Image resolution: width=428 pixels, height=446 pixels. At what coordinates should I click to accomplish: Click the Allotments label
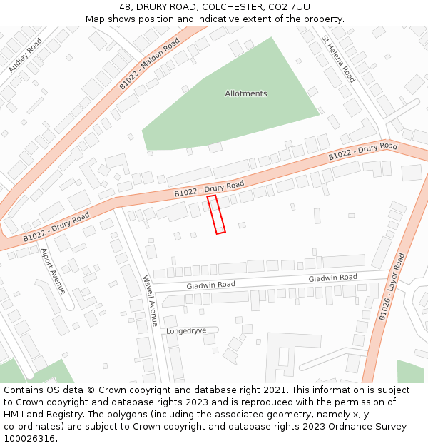[246, 93]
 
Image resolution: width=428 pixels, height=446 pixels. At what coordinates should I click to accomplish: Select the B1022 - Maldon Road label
[150, 64]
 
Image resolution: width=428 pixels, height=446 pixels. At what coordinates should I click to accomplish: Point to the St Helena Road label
[338, 59]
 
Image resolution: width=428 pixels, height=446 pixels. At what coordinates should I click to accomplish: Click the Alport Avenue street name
[53, 271]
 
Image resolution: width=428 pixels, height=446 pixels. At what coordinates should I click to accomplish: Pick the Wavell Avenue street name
[149, 300]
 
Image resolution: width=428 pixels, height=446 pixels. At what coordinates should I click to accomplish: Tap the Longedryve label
[186, 331]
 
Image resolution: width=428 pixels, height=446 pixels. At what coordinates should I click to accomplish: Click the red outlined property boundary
[216, 214]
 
